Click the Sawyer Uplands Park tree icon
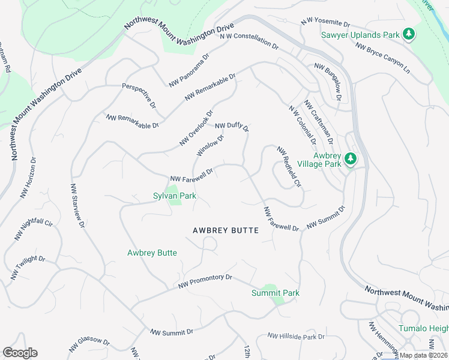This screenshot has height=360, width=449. (x=409, y=34)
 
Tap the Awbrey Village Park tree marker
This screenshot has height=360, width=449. (x=351, y=160)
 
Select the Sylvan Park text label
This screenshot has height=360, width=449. (x=175, y=196)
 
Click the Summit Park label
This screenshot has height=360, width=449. (x=275, y=293)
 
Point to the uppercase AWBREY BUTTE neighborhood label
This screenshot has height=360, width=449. (x=226, y=230)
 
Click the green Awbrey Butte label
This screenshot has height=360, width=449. (x=152, y=253)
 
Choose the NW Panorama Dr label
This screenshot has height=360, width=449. (x=188, y=71)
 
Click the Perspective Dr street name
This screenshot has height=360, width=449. (x=139, y=95)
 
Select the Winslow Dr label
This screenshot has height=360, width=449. (x=210, y=146)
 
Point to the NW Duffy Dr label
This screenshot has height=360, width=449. (x=232, y=126)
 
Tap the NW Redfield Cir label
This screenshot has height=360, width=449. (x=288, y=165)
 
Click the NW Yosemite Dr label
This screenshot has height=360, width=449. (x=325, y=23)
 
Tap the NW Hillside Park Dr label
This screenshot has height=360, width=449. (x=292, y=337)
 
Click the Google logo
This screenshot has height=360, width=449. (x=20, y=353)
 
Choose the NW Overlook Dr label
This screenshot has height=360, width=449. (x=196, y=128)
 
